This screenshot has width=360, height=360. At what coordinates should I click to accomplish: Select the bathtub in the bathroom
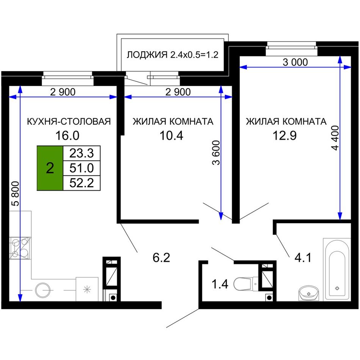337,269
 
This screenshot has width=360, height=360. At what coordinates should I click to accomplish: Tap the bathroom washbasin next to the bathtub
309,293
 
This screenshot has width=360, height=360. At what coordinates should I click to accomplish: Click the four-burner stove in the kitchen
20,248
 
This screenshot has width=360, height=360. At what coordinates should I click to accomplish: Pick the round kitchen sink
42,290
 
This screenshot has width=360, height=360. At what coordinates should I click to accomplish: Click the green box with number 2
50,168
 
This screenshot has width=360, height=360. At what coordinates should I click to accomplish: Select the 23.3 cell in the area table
81,153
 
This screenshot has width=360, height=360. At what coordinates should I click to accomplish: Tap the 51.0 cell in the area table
81,168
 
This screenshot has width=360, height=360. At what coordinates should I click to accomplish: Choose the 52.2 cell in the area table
81,183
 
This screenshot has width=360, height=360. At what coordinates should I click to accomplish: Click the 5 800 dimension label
15,193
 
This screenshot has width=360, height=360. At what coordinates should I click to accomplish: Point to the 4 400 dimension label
335,138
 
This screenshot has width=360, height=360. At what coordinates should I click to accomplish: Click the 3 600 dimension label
216,153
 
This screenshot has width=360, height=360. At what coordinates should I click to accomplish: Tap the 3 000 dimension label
295,62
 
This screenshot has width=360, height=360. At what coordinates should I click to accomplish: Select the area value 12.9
285,135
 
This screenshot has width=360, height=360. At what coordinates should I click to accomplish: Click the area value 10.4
171,135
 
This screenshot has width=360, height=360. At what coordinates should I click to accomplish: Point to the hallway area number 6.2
161,258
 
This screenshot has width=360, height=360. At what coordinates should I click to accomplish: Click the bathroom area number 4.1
303,258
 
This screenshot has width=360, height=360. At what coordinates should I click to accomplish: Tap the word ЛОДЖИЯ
147,55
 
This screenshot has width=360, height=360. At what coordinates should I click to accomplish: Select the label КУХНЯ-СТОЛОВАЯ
69,122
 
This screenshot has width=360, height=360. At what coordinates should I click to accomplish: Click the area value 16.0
67,135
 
